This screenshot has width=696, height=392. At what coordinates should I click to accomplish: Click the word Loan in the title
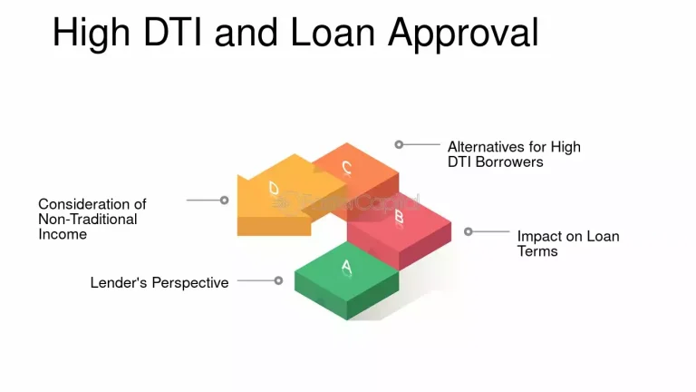[x=336, y=33]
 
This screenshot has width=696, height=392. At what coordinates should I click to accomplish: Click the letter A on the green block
[x=346, y=266]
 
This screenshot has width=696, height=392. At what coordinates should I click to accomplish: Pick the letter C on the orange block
[x=346, y=167]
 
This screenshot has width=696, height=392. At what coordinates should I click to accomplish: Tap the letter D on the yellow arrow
[x=275, y=189]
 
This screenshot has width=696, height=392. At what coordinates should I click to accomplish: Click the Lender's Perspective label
[x=159, y=282]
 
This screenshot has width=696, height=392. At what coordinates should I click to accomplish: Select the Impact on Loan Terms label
[x=568, y=243]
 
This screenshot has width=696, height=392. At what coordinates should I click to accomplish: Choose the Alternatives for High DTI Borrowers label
[x=514, y=154]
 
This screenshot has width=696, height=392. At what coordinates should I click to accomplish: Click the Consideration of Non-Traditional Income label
[x=92, y=219]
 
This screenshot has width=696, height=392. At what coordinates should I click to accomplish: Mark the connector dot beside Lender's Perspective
[x=279, y=280]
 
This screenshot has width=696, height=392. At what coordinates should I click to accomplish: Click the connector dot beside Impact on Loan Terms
[x=469, y=231]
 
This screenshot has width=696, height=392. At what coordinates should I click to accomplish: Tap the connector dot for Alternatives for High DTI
[x=399, y=143]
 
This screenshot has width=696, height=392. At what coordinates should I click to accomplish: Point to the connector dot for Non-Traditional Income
[x=225, y=200]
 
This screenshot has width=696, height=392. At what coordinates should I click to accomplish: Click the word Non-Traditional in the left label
[x=88, y=219]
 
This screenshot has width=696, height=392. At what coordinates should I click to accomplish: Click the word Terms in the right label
[x=537, y=250]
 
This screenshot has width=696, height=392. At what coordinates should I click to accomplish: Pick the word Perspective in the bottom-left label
[x=191, y=282]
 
